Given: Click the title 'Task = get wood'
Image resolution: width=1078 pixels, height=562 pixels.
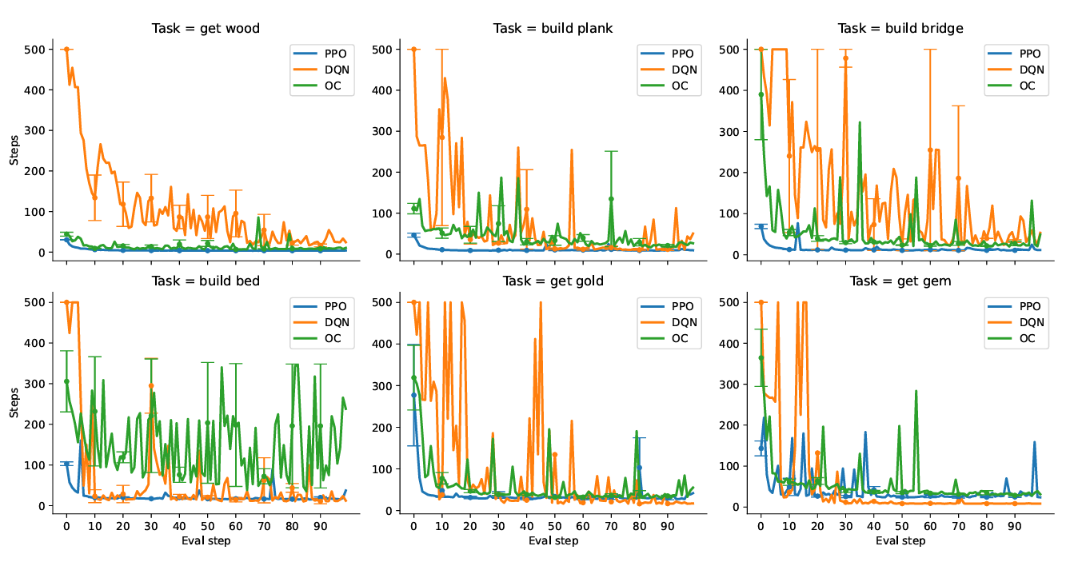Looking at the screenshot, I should coord(206,29).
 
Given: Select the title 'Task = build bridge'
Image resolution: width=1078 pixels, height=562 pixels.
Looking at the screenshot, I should coord(900,29).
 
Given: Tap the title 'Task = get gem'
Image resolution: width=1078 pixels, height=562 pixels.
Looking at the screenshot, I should coord(900,281).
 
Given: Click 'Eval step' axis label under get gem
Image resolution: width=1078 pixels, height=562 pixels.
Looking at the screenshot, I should coord(900,541).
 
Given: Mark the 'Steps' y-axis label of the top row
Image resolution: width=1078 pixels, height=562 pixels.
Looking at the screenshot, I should coord(14,151).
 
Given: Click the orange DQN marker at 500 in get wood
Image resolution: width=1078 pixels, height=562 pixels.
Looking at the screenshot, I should coord(66,50).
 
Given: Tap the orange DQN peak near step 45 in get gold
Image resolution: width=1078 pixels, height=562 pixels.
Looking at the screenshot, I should coord(541,304).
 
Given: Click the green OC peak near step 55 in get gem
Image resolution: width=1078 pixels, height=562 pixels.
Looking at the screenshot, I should coord(916,392).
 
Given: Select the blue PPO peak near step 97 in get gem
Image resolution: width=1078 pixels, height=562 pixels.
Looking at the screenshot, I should coord(1034,442).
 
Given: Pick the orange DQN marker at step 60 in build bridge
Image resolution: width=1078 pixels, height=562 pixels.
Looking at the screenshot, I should coord(929,149).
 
